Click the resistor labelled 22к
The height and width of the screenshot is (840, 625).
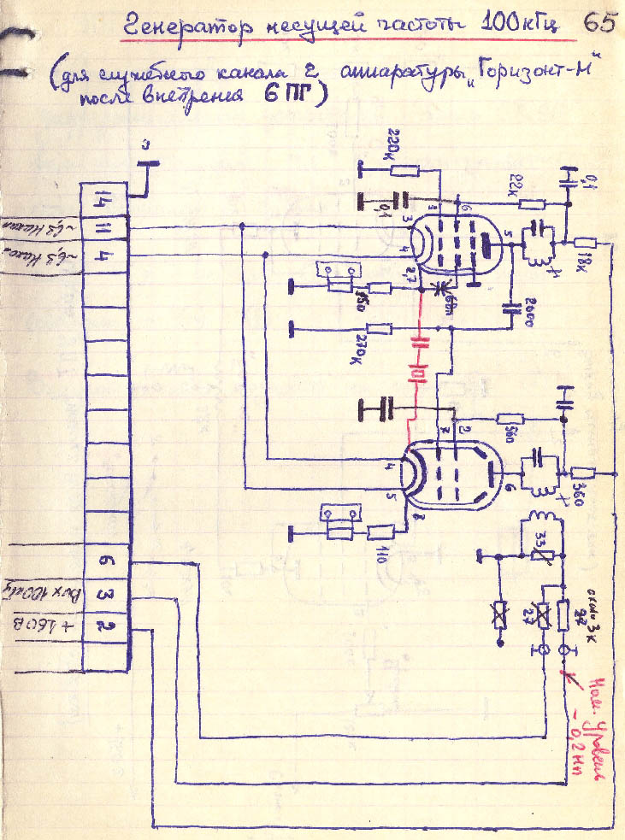click(532, 204)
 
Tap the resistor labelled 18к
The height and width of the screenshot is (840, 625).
click(585, 243)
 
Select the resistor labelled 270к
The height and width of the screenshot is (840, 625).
click(382, 328)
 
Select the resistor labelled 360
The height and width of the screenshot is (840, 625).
click(585, 473)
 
